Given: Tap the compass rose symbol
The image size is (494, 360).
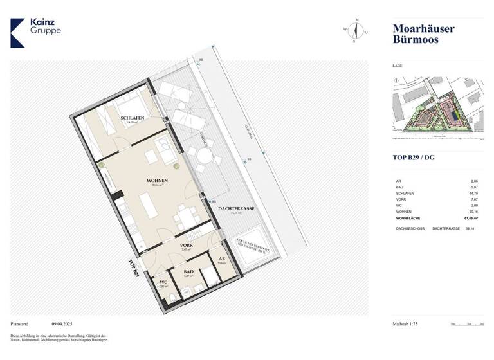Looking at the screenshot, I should click(355, 30).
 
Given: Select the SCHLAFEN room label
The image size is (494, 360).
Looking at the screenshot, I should click(132, 118).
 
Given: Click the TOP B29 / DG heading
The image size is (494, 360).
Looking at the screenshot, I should click(414, 157).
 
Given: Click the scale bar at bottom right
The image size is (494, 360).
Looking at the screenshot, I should click(467, 325).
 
